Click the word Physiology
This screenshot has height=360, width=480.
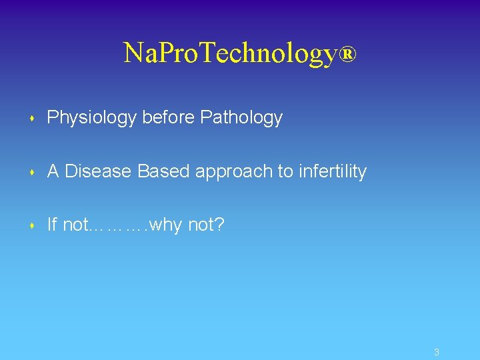[x=92, y=119]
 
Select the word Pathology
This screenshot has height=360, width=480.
[x=241, y=119]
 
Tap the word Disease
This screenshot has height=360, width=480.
[x=99, y=171]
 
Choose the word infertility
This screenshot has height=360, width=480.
[x=333, y=171]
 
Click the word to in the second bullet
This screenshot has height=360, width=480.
[x=285, y=172]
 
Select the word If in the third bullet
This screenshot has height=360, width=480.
[x=52, y=225]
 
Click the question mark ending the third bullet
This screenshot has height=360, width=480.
[x=220, y=225]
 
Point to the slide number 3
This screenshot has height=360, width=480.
[x=436, y=352]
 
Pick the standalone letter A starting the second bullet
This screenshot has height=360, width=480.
[x=53, y=171]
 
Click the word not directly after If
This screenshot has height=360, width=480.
[x=75, y=225]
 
